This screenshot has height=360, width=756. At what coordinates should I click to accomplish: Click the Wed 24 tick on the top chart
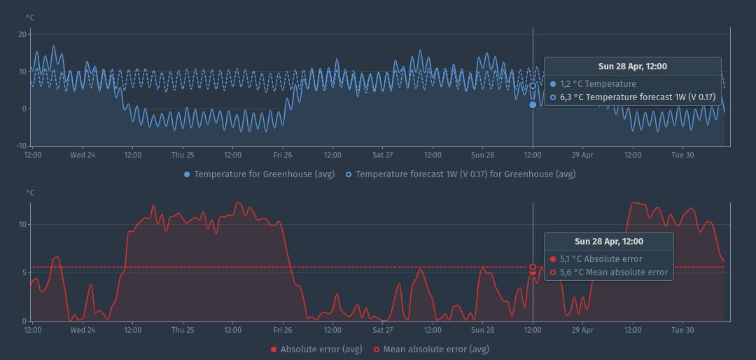pyautogui.click(x=83, y=155)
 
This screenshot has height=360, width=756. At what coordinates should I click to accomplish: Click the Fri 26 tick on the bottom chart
pyautogui.click(x=283, y=330)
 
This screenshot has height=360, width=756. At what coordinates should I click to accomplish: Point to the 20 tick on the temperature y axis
pyautogui.click(x=22, y=34)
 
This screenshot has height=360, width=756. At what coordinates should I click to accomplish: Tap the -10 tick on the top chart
pyautogui.click(x=20, y=146)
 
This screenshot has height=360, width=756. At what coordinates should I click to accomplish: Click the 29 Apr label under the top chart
pyautogui.click(x=582, y=155)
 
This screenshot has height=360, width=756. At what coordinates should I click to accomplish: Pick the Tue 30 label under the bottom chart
pyautogui.click(x=682, y=330)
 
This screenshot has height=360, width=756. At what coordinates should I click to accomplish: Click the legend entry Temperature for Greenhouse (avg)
pyautogui.click(x=259, y=174)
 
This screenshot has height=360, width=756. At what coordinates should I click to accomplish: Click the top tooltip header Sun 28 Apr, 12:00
pyautogui.click(x=632, y=67)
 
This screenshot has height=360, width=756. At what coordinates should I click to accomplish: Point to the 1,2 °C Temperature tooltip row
pyautogui.click(x=597, y=84)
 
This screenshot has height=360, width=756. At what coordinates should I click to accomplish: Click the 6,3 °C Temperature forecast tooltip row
pyautogui.click(x=637, y=97)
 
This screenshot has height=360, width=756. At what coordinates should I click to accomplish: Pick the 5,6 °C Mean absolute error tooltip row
pyautogui.click(x=613, y=272)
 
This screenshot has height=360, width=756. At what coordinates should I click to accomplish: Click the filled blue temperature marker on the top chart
pyautogui.click(x=533, y=104)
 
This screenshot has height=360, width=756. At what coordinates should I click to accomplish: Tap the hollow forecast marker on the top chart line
pyautogui.click(x=533, y=85)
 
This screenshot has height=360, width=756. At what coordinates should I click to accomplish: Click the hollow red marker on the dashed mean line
pyautogui.click(x=533, y=267)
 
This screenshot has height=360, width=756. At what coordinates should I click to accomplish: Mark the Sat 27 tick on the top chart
pyautogui.click(x=383, y=155)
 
